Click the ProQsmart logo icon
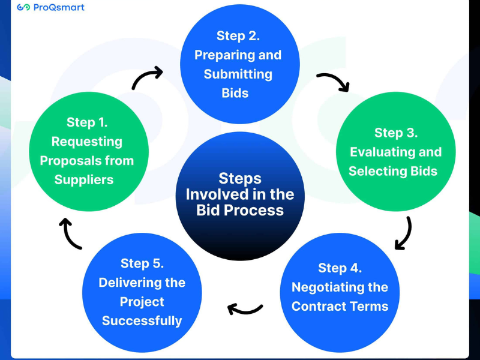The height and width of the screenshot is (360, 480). coord(23,8)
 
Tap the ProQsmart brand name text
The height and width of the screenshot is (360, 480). coord(59,8)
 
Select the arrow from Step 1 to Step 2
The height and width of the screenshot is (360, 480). coord(147,79)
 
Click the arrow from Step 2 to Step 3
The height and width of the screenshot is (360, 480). coord(333,82)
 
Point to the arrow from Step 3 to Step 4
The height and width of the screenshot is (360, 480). coord(404,232)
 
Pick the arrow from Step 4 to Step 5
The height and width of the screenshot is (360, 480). coord(245,309)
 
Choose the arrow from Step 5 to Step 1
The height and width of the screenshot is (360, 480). coord(71,233)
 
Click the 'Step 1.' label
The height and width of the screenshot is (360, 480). coord(87,122)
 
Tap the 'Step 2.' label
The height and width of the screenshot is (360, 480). coord(238,36)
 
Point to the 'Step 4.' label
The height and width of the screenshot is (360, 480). coord(340,268)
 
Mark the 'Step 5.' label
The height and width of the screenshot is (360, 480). coord(142,263)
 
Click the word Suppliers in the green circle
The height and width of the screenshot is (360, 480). coord(84,179)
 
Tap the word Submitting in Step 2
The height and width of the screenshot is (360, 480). coord(238,74)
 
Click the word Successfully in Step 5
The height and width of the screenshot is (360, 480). coord(142,320)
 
